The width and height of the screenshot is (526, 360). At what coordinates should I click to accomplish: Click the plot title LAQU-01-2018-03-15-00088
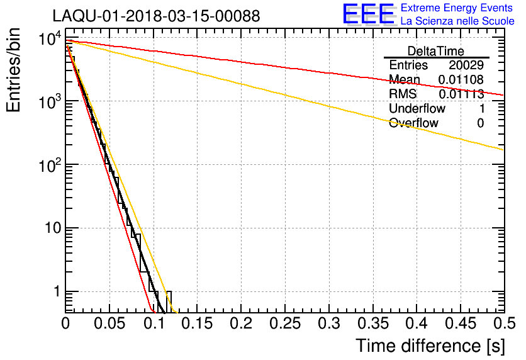coord(155,16)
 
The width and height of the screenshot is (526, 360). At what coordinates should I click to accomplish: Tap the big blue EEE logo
coord(368,14)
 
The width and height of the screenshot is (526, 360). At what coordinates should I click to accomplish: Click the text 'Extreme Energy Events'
coord(457,8)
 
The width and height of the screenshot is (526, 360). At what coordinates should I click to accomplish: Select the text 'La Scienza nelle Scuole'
coord(457,21)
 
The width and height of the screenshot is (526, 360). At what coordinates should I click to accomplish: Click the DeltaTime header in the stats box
coord(435,51)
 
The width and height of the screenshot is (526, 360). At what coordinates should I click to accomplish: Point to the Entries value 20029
coord(466,65)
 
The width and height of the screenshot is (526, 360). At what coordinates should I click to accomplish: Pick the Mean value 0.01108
coord(461,80)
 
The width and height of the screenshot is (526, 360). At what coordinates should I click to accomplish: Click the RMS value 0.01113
coord(461,94)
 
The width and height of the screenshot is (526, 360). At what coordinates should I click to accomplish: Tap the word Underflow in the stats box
coord(417,109)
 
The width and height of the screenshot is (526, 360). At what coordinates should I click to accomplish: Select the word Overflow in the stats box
coord(413,123)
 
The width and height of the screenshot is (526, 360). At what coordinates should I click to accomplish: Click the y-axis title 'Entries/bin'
coord(14,70)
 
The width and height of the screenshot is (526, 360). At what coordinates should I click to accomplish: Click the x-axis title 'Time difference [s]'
coord(430,346)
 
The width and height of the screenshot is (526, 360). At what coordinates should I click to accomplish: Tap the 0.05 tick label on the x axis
coord(109,323)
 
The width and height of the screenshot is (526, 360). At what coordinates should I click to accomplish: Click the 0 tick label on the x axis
coord(65,323)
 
